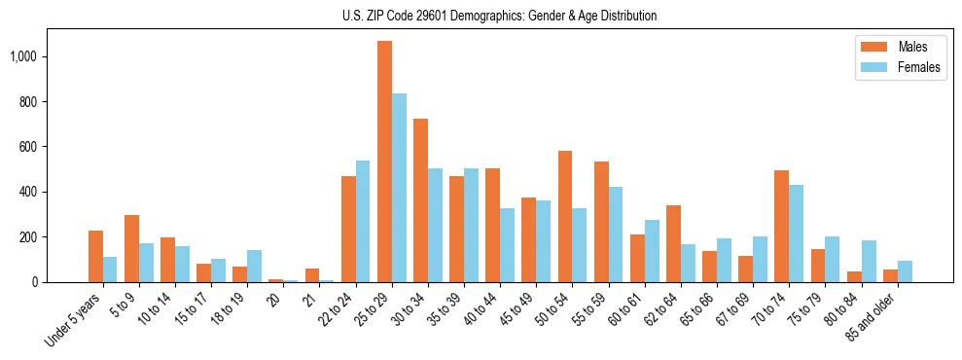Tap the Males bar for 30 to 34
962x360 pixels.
(x=420, y=200)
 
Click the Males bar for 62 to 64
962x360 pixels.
(x=673, y=243)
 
